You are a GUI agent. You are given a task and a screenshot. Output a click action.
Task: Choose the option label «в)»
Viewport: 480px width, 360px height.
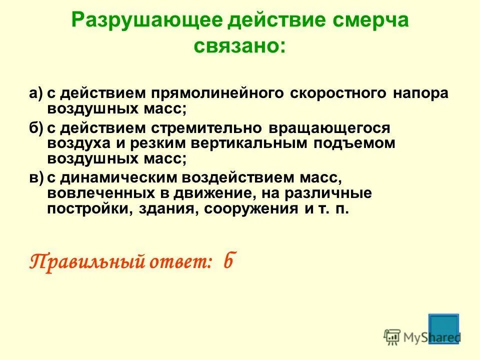click(x=36, y=177)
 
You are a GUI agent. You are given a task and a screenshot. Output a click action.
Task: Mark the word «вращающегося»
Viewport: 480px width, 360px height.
click(x=329, y=128)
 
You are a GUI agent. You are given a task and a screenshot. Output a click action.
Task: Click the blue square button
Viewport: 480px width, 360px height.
click(x=443, y=328)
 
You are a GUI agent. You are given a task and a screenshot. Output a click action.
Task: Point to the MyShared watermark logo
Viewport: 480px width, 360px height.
click(x=421, y=337)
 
